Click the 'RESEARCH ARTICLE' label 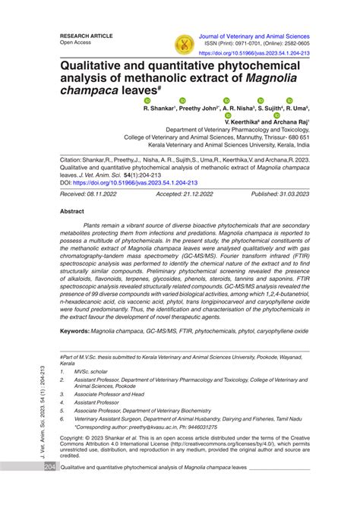(87, 36)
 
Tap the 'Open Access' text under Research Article (77, 43)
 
